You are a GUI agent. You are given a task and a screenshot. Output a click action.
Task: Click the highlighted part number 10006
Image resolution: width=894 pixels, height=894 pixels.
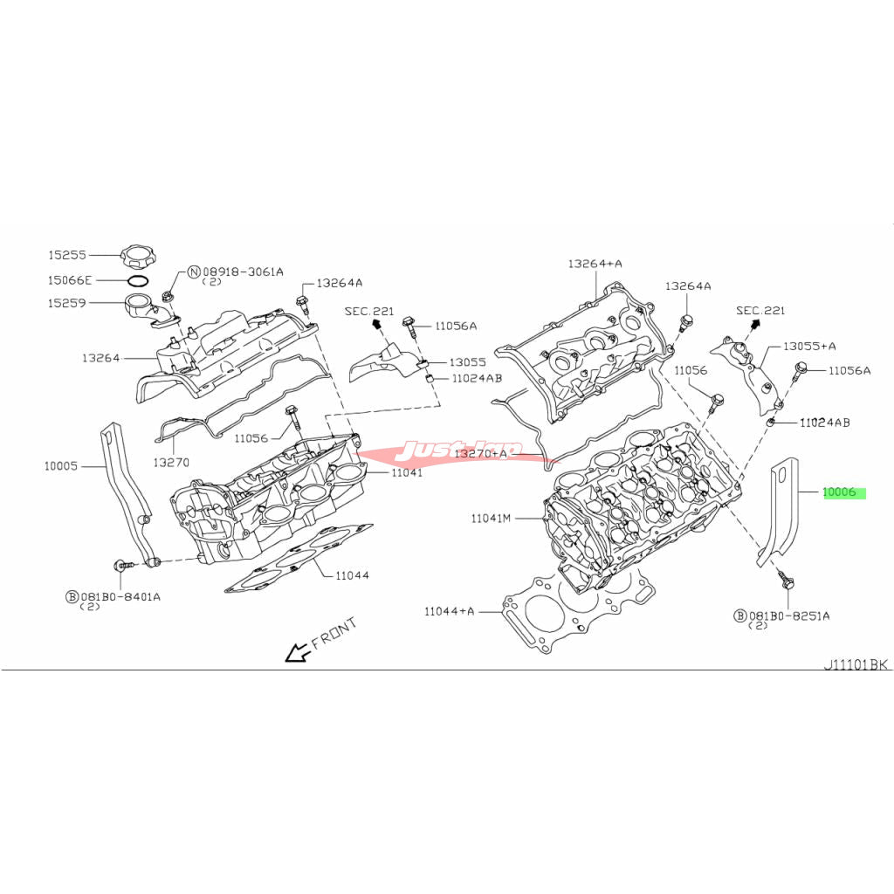click(x=841, y=492)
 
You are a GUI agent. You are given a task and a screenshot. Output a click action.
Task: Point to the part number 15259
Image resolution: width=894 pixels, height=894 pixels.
click(x=66, y=303)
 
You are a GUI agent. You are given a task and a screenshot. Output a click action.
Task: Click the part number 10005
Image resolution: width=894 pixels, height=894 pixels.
click(x=62, y=466)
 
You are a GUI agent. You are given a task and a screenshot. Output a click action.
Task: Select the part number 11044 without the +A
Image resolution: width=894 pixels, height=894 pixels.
click(x=352, y=575)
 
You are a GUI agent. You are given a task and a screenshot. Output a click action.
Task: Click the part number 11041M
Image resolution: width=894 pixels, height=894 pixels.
click(x=491, y=519)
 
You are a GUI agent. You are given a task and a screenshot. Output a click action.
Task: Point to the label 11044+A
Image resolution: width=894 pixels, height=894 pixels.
click(x=449, y=611)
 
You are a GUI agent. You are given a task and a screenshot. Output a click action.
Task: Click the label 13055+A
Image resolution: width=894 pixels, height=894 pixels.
click(x=808, y=346)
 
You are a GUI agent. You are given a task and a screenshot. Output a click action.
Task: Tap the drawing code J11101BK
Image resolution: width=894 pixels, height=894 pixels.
click(x=855, y=664)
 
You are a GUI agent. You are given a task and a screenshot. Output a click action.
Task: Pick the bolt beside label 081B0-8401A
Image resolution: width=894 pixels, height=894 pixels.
click(x=124, y=565)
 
